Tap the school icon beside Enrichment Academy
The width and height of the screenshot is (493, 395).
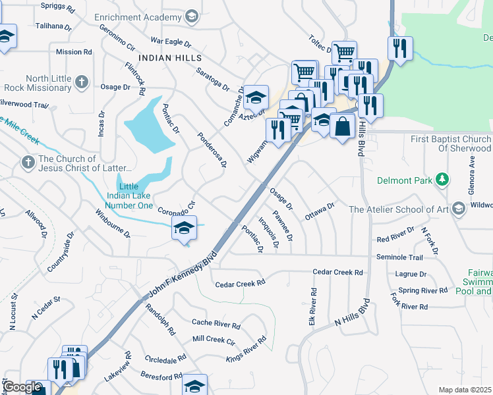[x=192, y=16]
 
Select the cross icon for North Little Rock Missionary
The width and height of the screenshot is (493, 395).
[x=81, y=82]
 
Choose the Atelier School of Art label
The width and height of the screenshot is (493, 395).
[x=399, y=209]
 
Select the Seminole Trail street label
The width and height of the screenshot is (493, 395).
[x=399, y=257]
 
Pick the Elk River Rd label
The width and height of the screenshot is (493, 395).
[x=314, y=305]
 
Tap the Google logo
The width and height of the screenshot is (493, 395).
[x=22, y=387]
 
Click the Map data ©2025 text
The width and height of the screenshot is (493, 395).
[x=465, y=390]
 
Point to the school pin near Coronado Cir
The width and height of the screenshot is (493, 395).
[x=185, y=228]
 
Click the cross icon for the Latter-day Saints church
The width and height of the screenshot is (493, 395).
[x=28, y=161]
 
